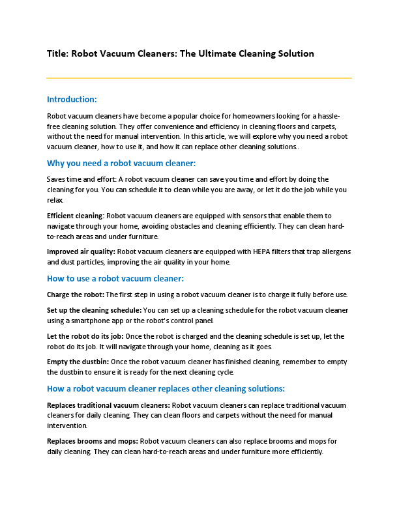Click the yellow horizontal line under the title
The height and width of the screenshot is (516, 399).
[x=199, y=78]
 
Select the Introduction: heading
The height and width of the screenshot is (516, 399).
[x=72, y=100]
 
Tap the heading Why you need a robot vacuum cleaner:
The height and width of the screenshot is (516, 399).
[x=121, y=163]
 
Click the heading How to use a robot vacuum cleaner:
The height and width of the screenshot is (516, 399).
[x=115, y=278]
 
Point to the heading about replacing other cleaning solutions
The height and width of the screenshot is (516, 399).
[x=166, y=389]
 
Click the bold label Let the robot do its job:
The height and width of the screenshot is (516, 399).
[x=85, y=336]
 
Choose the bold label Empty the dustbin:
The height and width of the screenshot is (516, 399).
[x=78, y=362]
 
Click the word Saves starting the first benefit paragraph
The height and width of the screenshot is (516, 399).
[x=57, y=179]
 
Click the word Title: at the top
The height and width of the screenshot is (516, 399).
[x=57, y=53]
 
